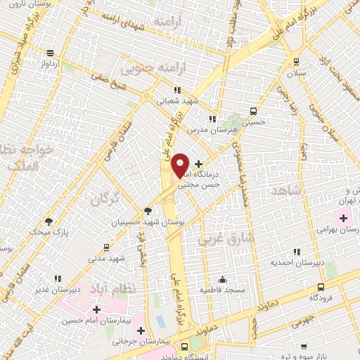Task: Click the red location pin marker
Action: point(180,165)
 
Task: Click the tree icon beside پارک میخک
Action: point(49,221)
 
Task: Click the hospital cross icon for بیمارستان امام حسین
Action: point(96,309)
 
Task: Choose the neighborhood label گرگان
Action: point(105,200)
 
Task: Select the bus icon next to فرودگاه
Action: point(321,287)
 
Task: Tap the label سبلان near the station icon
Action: point(296,72)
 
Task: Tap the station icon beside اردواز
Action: point(50,53)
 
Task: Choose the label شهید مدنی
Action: point(105,258)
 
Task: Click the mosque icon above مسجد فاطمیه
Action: point(222,278)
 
